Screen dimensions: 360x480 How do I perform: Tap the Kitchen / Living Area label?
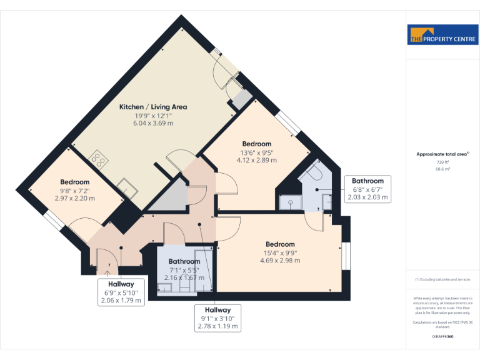tap(153, 107)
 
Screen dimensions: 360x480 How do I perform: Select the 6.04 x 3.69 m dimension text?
tap(153, 123)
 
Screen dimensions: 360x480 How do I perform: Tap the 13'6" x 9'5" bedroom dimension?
tap(257, 152)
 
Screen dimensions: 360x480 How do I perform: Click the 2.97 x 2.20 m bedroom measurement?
tap(74, 198)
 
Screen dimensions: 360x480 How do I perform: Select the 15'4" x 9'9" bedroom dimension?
tap(280, 252)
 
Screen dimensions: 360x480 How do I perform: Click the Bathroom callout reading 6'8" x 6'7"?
tap(367, 189)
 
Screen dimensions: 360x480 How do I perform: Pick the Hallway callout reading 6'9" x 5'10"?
tap(121, 292)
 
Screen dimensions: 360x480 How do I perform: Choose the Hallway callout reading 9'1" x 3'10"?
tap(216, 317)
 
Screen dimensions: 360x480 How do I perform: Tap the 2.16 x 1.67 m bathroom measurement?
tap(184, 277)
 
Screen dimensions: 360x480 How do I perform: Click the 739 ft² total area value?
tap(442, 162)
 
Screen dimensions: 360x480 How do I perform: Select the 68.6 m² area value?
tap(442, 169)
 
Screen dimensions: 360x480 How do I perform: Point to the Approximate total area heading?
tap(442, 154)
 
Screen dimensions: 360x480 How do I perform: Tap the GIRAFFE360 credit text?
tap(442, 336)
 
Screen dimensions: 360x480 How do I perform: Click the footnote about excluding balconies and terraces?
tap(442, 279)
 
